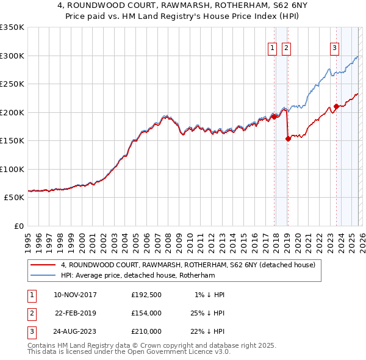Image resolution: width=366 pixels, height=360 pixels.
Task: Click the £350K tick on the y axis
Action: pyautogui.click(x=12, y=27)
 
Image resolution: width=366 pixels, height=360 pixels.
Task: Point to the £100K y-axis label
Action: pyautogui.click(x=12, y=169)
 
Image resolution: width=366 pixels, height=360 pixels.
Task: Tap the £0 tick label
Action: pyautogui.click(x=19, y=226)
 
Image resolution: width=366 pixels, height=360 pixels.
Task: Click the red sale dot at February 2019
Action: pyautogui.click(x=288, y=139)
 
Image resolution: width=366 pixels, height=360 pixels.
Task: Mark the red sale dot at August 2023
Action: pyautogui.click(x=336, y=107)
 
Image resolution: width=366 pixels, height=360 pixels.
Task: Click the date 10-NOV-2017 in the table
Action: pyautogui.click(x=75, y=295)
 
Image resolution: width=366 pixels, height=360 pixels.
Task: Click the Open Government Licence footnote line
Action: pyautogui.click(x=129, y=352)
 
